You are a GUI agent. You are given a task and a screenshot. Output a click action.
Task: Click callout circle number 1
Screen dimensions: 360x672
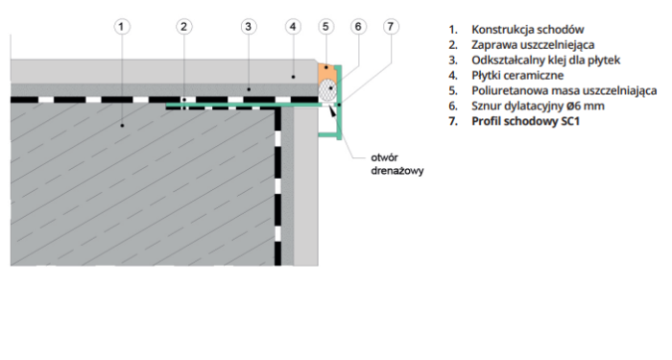click(121, 27)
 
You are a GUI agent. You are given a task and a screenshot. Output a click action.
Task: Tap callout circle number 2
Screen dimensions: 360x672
click(184, 27)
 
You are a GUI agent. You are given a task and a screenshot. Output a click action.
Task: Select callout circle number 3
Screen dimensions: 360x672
click(248, 27)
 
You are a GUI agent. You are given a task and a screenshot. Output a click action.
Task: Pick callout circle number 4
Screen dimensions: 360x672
click(293, 27)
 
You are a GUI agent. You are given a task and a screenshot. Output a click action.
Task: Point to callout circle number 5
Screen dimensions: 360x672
click(326, 27)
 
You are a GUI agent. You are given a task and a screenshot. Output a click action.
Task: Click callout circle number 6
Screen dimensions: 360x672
click(358, 27)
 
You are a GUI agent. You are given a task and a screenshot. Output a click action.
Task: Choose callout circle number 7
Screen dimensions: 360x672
click(390, 27)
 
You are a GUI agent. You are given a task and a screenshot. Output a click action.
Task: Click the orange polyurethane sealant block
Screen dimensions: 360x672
click(326, 73)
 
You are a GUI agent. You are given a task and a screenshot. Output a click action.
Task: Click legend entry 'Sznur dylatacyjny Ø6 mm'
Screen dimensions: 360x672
click(534, 106)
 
